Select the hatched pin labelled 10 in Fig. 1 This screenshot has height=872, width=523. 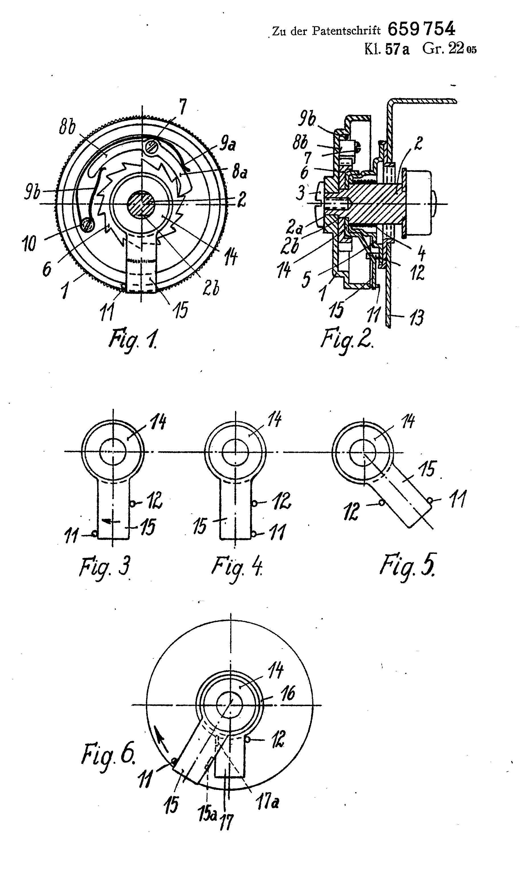click(x=87, y=225)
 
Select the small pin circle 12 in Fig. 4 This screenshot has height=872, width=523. click(x=254, y=503)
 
